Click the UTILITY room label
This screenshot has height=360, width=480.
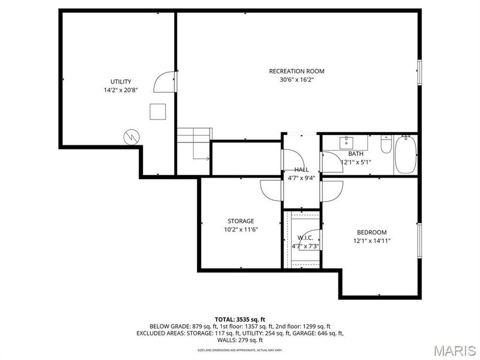click(x=121, y=82)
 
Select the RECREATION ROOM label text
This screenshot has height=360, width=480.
click(x=296, y=71)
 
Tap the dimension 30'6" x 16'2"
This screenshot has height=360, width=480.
click(x=296, y=79)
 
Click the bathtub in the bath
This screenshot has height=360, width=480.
click(x=406, y=155)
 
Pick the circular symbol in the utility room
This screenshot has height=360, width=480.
click(x=131, y=137)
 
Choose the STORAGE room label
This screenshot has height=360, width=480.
click(x=241, y=221)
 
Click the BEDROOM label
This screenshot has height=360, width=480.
click(x=372, y=232)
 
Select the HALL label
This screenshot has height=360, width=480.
click(x=301, y=170)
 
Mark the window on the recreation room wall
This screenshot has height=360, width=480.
click(x=420, y=71)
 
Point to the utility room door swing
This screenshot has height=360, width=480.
click(x=164, y=82)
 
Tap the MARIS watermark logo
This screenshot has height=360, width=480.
click(x=454, y=350)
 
